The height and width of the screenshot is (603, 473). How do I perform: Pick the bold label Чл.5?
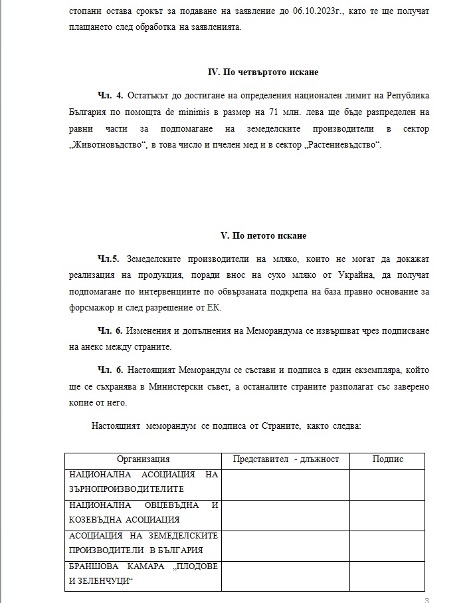tap(108, 259)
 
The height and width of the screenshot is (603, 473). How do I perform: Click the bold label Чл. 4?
tap(110, 96)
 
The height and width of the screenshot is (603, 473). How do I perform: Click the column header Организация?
tap(143, 459)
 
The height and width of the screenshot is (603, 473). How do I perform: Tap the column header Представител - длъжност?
tap(286, 459)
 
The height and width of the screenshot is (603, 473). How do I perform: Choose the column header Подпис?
tap(387, 459)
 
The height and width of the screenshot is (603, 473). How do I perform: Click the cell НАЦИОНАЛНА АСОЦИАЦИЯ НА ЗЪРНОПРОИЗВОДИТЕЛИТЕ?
tap(143, 482)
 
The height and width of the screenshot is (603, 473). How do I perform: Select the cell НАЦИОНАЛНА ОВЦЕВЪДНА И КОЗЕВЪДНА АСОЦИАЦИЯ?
tap(143, 513)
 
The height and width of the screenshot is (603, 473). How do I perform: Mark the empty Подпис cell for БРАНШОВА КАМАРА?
tap(387, 574)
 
